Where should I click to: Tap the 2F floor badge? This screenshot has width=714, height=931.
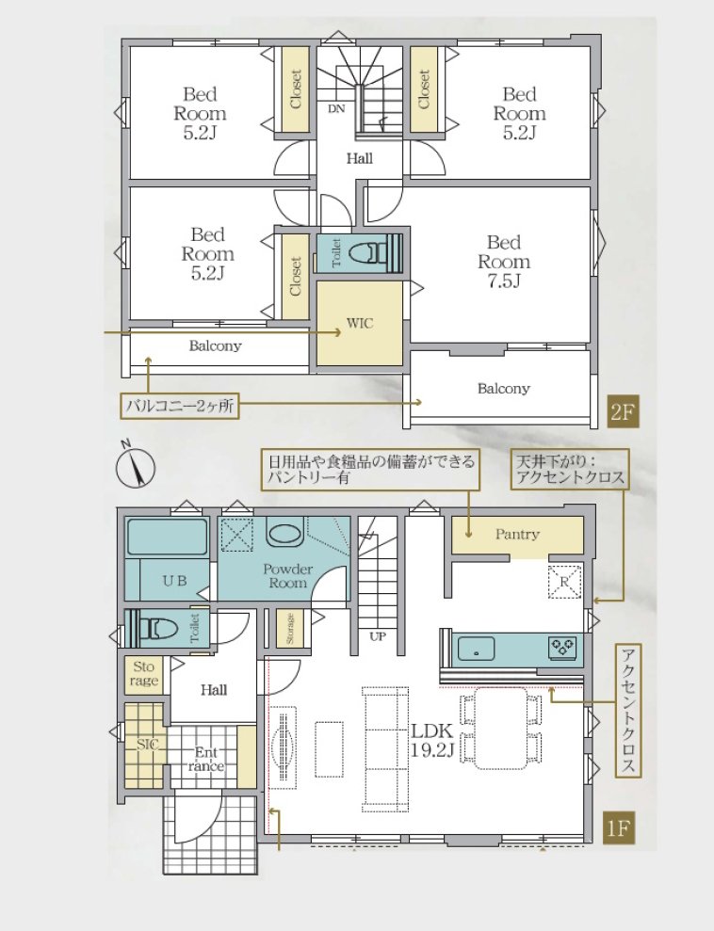623,411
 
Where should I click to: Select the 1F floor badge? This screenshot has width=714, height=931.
619,827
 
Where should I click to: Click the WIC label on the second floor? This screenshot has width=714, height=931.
360,324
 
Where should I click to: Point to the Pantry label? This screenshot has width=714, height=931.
517,534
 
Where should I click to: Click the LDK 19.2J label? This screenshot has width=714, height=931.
432,741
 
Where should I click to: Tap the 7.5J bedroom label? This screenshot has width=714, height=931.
504,262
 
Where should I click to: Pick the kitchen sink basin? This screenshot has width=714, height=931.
476,650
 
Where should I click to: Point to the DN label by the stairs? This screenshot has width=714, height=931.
336,108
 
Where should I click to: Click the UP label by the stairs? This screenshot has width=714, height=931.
378,636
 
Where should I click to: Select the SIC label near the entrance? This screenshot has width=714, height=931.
147,744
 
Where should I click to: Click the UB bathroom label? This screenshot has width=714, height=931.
174,581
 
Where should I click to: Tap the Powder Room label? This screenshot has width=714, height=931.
287,575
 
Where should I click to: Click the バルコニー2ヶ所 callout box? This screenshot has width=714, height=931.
179,406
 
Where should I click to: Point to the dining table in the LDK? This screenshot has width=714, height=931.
501,729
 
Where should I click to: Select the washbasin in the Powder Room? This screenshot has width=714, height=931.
284,532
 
